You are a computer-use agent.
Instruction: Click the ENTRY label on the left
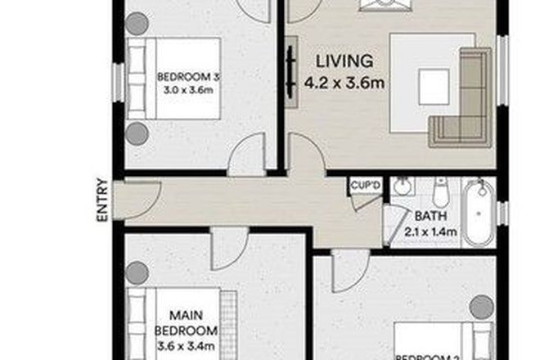click(101, 200)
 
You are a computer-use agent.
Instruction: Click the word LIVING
click(344, 61)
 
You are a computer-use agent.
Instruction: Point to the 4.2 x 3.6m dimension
click(344, 82)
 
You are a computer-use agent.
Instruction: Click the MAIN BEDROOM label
click(187, 322)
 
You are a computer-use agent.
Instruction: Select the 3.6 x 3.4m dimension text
click(187, 348)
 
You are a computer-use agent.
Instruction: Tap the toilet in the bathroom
click(439, 193)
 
